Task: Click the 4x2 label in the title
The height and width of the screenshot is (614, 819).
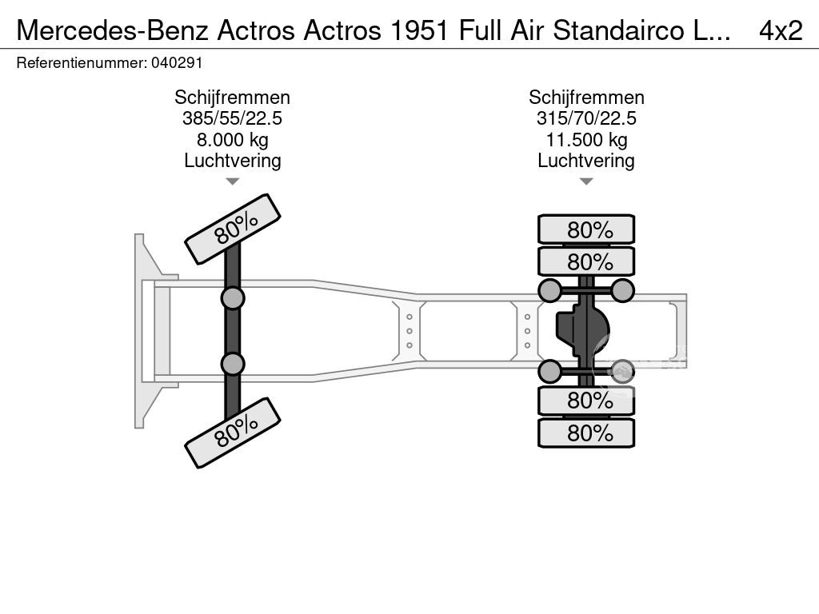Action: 780,30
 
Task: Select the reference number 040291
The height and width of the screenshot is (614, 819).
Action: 171,62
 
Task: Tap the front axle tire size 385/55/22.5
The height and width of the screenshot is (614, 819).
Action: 232,119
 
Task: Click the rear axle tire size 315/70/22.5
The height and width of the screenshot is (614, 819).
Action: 586,119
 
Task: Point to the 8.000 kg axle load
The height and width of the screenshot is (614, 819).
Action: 232,140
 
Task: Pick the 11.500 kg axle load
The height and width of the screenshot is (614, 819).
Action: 586,140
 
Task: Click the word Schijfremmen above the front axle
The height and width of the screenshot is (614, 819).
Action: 232,98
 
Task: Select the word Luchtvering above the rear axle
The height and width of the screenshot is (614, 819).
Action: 586,161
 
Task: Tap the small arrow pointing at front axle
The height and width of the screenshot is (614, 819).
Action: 232,181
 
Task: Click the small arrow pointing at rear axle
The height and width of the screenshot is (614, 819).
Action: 586,181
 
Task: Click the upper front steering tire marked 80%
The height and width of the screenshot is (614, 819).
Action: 233,229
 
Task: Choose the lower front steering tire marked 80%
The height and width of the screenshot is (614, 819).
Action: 233,433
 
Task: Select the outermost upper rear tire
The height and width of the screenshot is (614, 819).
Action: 586,229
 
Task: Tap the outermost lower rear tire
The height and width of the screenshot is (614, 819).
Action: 586,433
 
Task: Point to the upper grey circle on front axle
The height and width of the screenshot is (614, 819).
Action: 232,298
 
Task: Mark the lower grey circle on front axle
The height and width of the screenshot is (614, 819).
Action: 232,364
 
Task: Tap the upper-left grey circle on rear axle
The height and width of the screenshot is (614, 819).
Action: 549,290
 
